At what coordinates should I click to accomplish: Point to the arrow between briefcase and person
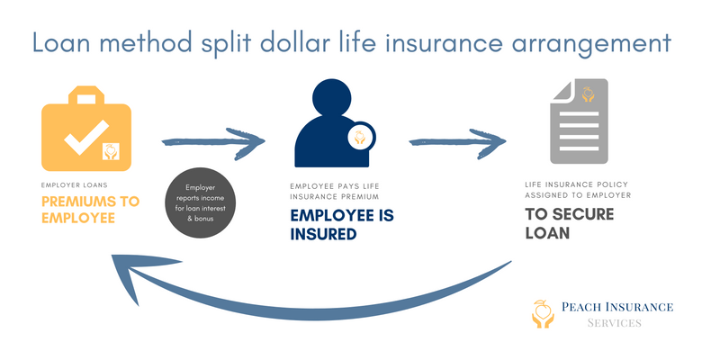(213, 141)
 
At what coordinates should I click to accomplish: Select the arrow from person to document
(457, 142)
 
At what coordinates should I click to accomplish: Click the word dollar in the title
(314, 42)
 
